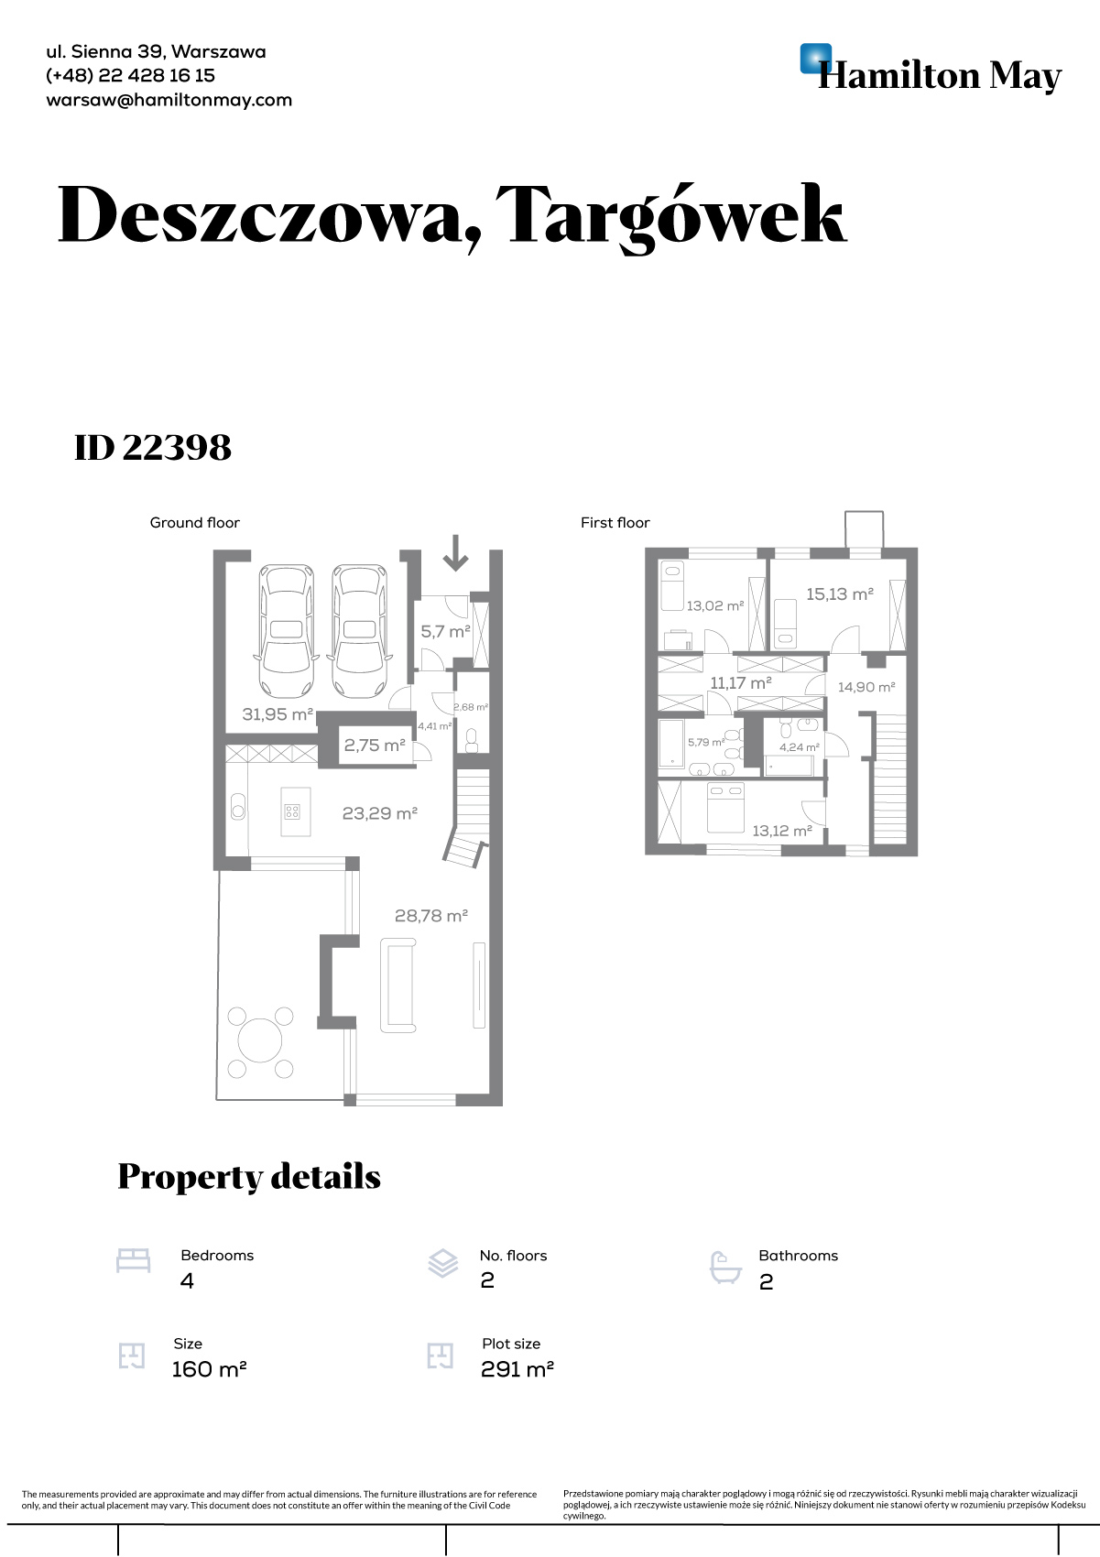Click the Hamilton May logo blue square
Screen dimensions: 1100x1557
click(x=816, y=59)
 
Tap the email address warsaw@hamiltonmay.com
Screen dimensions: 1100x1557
click(x=169, y=100)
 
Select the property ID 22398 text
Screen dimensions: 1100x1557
click(x=153, y=447)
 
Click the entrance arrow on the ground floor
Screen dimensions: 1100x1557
click(x=455, y=552)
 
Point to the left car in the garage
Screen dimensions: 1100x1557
click(x=287, y=631)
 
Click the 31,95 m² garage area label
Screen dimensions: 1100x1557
click(x=278, y=713)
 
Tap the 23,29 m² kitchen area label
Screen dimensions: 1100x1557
click(x=380, y=812)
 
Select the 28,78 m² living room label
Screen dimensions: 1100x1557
click(x=431, y=916)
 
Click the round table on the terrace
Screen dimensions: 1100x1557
click(x=260, y=1040)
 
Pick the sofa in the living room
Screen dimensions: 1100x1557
click(x=398, y=985)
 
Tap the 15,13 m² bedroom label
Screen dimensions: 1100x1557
click(x=839, y=594)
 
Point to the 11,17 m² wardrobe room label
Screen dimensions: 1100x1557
click(x=741, y=682)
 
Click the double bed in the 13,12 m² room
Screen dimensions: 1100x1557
click(x=726, y=807)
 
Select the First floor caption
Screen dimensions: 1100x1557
click(x=615, y=523)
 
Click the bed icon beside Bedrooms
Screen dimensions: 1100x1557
click(x=134, y=1261)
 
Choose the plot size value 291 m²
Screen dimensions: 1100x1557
click(x=517, y=1368)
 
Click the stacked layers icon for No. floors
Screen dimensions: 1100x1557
click(x=443, y=1263)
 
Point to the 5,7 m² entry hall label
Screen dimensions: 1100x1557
click(x=446, y=631)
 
